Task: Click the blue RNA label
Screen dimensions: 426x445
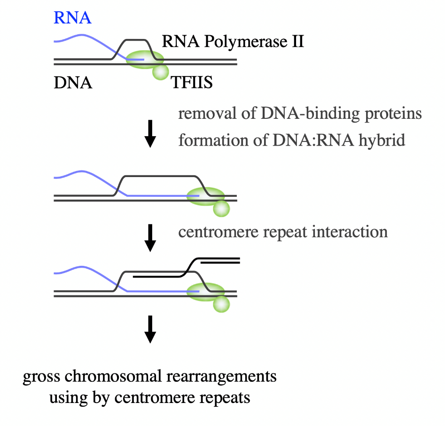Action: pos(72,18)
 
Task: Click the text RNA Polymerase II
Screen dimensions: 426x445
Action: pos(233,42)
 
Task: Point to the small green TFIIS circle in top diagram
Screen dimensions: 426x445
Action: pos(160,71)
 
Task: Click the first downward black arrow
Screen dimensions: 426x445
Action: pos(150,133)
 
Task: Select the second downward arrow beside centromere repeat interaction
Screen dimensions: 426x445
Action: pos(150,237)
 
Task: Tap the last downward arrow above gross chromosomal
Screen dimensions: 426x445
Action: pos(150,329)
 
